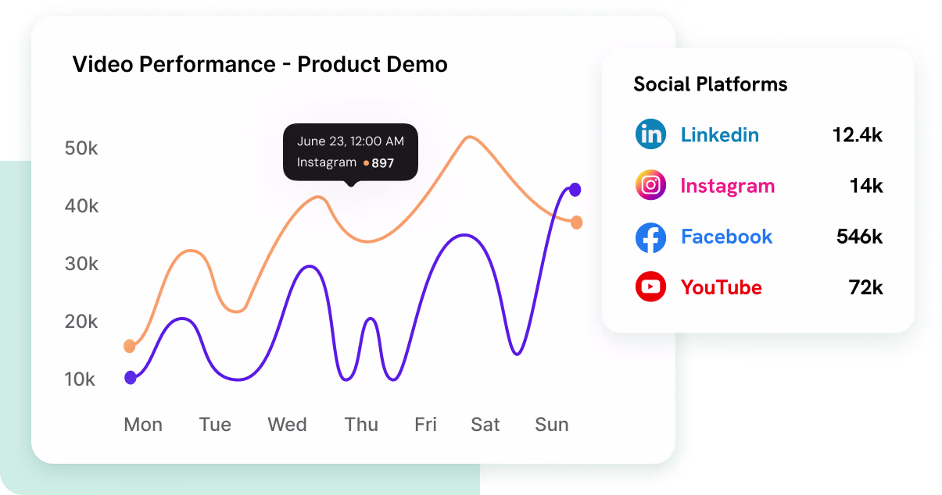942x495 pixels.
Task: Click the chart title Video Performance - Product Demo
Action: click(x=260, y=64)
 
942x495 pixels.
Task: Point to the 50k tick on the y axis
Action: click(x=81, y=148)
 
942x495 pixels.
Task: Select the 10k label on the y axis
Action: click(x=80, y=379)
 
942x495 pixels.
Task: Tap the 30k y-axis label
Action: click(x=81, y=264)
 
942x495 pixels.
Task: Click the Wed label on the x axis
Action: click(x=287, y=425)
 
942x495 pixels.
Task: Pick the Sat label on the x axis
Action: click(x=485, y=425)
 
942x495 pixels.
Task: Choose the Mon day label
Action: click(x=143, y=425)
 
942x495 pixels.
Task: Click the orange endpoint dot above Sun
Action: click(x=577, y=223)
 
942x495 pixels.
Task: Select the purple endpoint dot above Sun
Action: click(x=575, y=189)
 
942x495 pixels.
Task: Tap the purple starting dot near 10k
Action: click(x=131, y=378)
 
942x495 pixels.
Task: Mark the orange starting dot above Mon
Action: click(x=130, y=346)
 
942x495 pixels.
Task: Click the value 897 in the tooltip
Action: click(x=382, y=163)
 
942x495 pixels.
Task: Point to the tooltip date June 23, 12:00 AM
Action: click(x=350, y=141)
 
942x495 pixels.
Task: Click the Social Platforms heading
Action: click(x=710, y=84)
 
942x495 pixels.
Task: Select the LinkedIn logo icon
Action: click(x=650, y=134)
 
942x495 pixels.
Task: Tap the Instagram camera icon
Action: click(x=650, y=186)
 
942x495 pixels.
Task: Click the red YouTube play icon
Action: click(x=650, y=287)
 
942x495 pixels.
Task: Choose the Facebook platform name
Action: click(x=726, y=237)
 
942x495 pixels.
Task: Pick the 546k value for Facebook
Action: click(x=859, y=237)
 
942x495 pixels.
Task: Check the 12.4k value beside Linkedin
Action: click(x=858, y=135)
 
